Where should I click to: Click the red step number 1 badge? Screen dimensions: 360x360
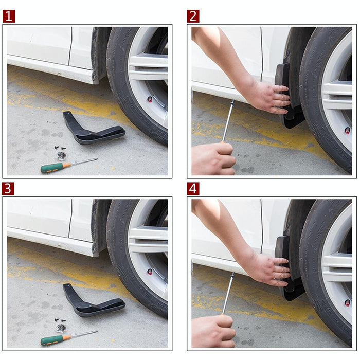click(9, 16)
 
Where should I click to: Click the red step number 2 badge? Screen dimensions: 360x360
click(193, 16)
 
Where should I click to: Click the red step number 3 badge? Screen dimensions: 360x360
click(9, 189)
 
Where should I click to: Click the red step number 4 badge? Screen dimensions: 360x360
click(193, 189)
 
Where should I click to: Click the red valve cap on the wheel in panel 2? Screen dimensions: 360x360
click(347, 130)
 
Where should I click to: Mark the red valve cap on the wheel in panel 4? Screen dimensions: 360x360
click(347, 302)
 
